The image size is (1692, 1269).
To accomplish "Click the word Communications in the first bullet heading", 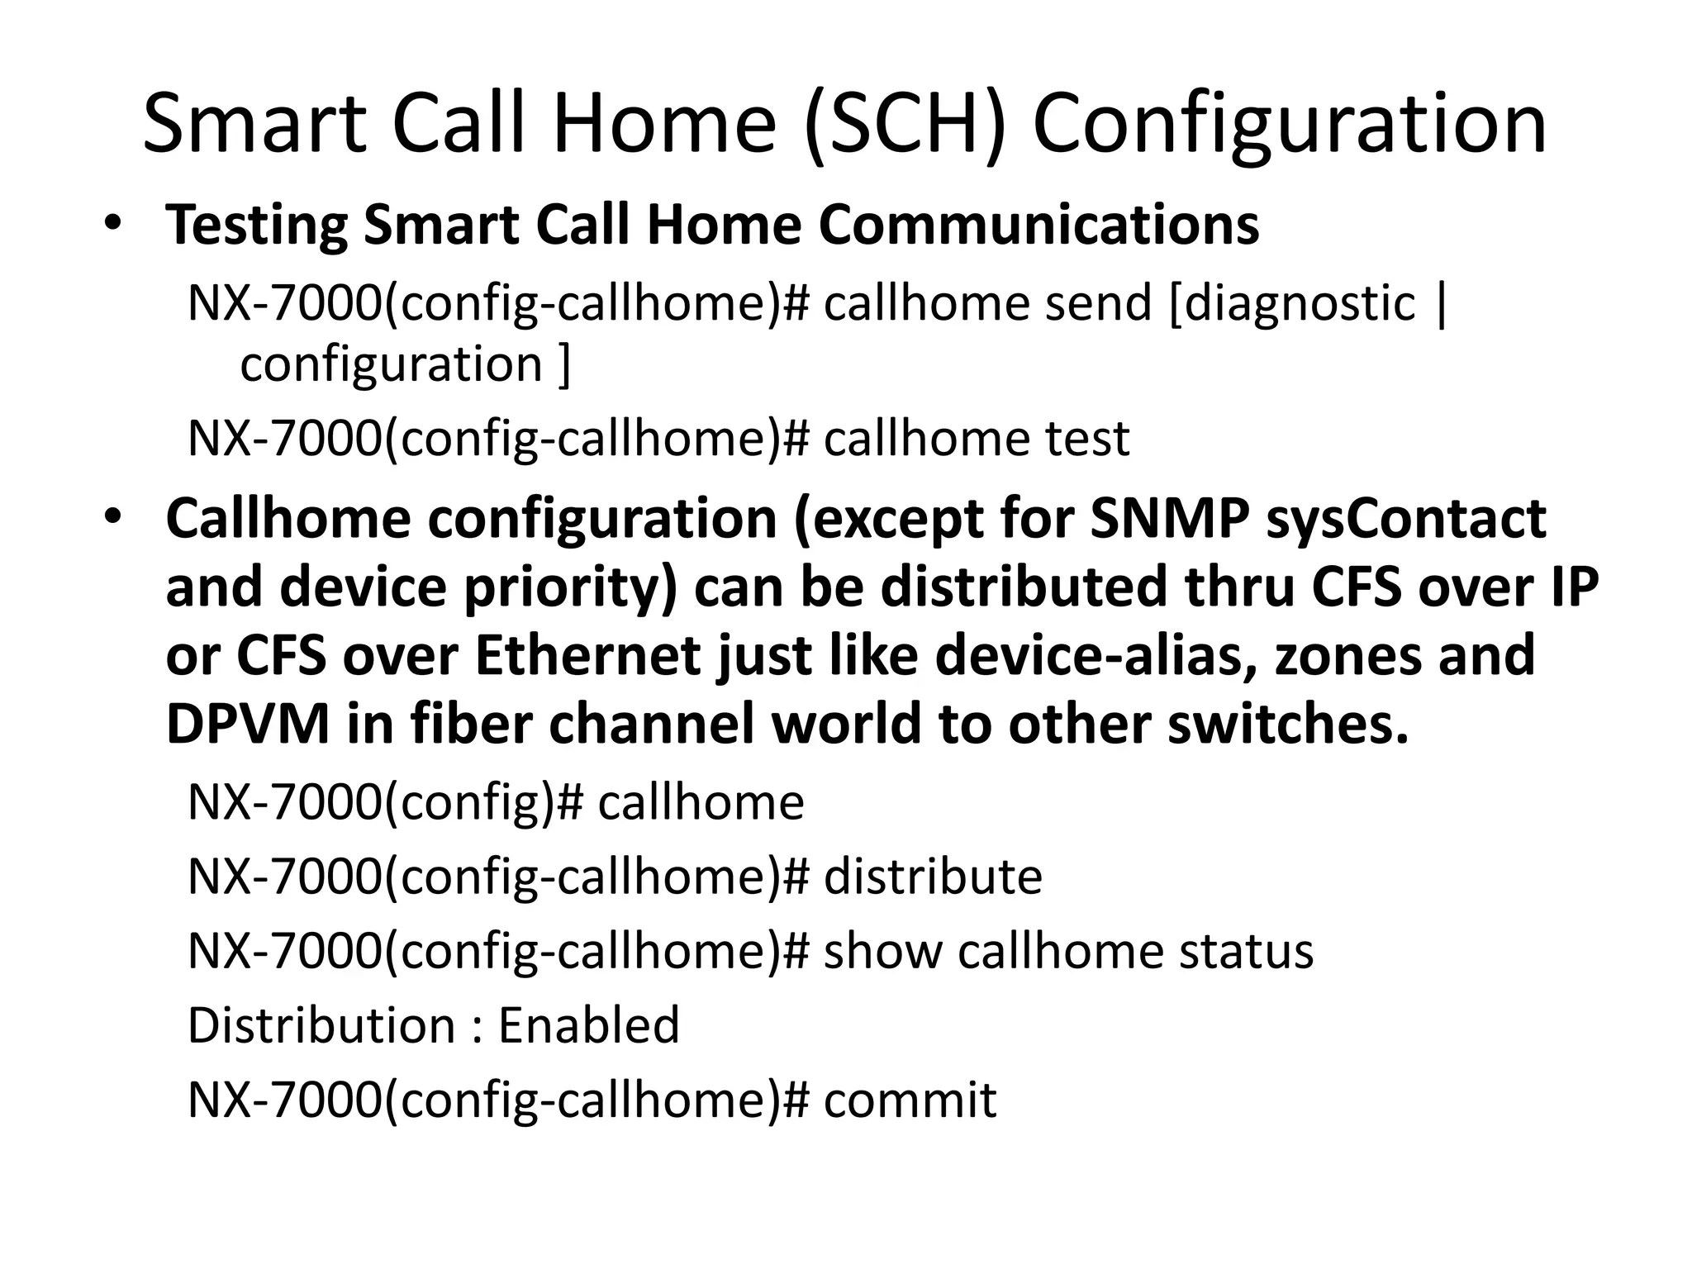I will pos(1038,225).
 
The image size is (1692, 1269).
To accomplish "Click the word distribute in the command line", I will pos(933,877).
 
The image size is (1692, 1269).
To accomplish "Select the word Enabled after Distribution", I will pos(588,1025).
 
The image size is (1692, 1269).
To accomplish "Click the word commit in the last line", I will pos(910,1100).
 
